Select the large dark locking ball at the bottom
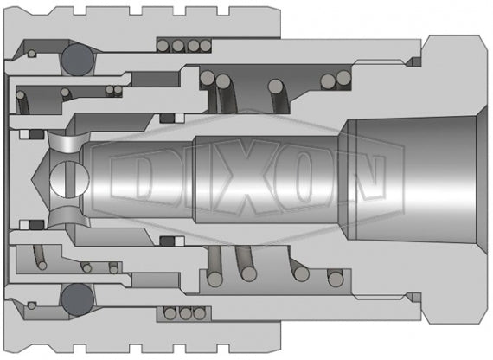(x=76, y=299)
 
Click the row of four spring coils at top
(x=184, y=46)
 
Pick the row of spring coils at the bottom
(x=184, y=313)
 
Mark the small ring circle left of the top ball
(x=32, y=55)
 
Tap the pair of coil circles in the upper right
(x=331, y=81)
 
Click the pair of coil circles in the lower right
(x=331, y=277)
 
